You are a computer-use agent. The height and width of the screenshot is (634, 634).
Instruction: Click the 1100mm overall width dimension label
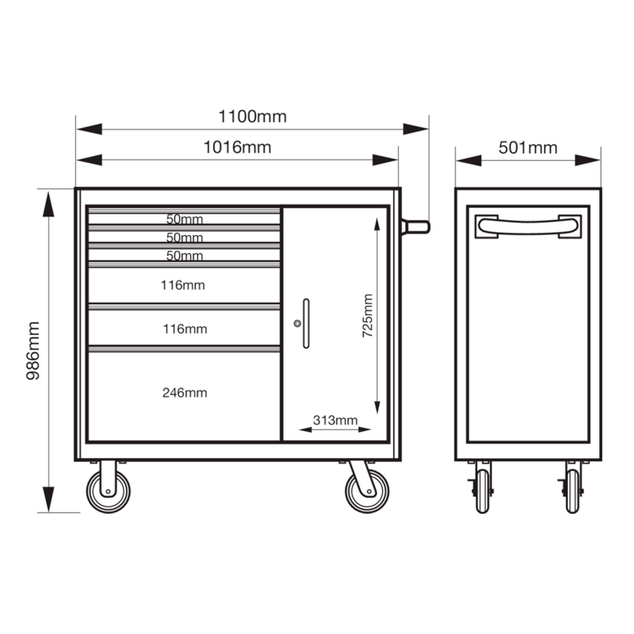pos(253,117)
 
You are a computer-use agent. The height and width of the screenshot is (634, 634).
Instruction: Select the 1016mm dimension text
pos(237,147)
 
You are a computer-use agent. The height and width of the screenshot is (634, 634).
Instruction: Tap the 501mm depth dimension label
pos(528,148)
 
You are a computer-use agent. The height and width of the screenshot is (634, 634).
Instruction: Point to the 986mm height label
pos(33,351)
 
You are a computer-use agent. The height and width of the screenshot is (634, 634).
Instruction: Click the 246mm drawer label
pos(185,393)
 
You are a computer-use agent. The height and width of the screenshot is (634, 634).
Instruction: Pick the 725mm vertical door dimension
pos(368,315)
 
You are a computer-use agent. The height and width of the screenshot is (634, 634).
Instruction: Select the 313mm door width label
pos(335,420)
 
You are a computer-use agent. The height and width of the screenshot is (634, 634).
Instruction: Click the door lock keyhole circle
pos(298,324)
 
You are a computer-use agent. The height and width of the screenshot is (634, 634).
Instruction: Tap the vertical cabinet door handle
pos(306,323)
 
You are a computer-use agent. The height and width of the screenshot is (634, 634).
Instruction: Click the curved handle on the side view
pos(528,227)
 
